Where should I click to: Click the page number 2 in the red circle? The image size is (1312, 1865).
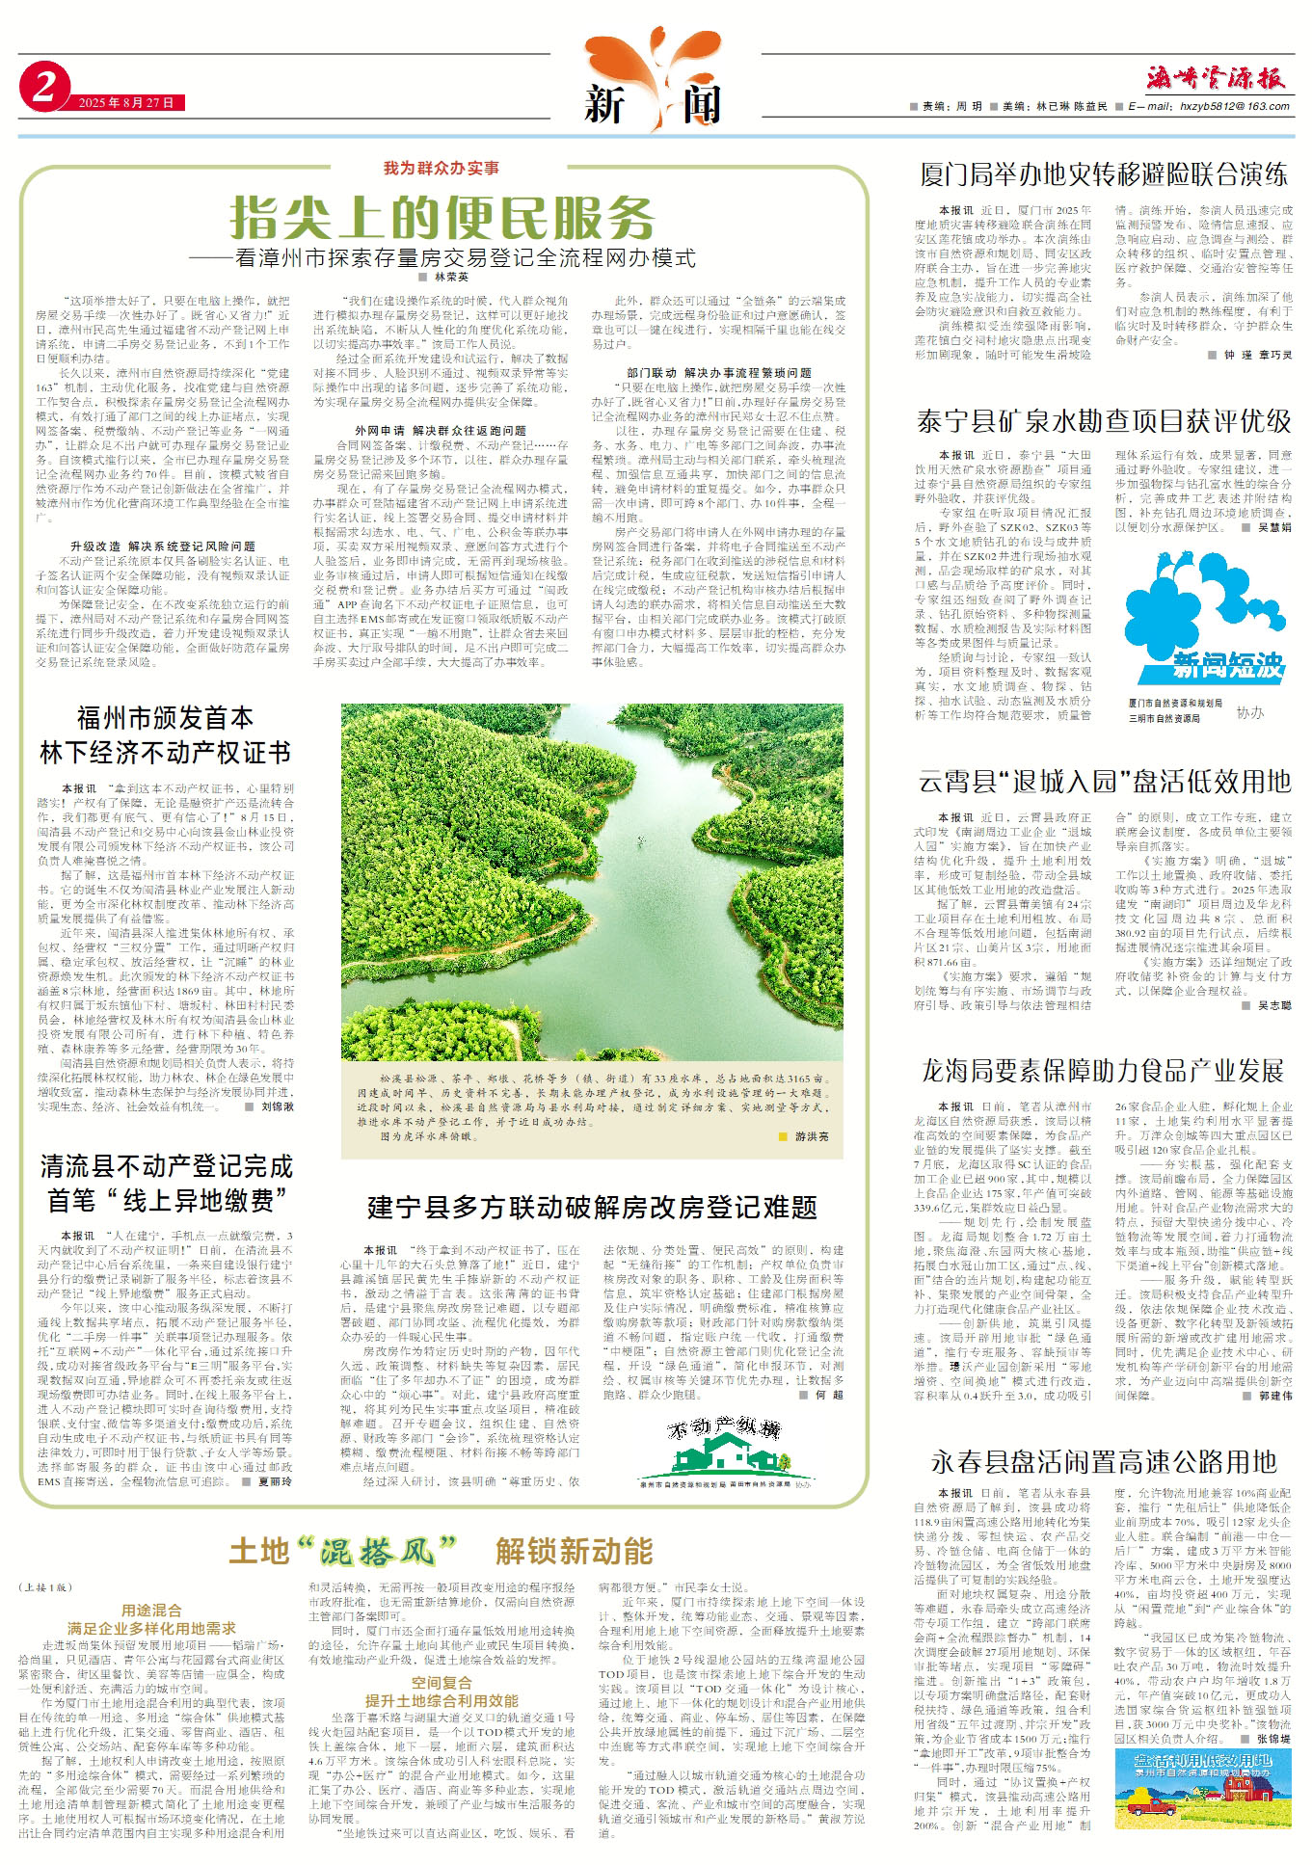click(42, 89)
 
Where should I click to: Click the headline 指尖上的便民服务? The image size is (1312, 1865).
click(442, 218)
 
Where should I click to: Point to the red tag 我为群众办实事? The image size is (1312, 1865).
click(442, 169)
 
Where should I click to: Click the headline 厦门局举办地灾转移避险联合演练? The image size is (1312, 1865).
click(1104, 175)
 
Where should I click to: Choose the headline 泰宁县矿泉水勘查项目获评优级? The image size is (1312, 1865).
click(1104, 421)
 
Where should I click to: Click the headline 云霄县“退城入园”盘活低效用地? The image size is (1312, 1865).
click(1104, 781)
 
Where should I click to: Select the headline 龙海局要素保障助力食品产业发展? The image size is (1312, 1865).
click(1104, 1071)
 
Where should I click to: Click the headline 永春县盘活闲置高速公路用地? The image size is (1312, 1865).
click(1104, 1461)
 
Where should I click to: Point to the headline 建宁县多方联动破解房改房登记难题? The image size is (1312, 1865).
click(592, 1207)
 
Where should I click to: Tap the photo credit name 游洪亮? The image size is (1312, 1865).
click(811, 1137)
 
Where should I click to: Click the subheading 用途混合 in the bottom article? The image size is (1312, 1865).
click(152, 1610)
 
